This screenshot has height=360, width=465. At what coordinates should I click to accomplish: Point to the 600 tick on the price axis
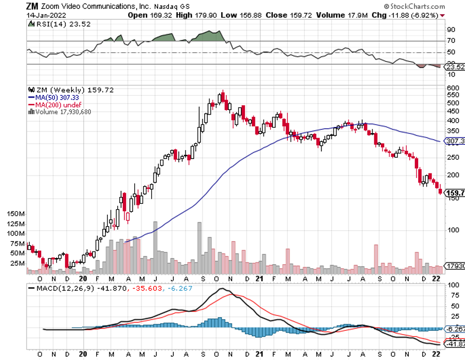click(453, 88)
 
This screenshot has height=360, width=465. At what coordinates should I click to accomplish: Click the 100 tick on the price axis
click(453, 230)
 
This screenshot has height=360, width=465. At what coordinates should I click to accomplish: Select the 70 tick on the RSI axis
click(451, 41)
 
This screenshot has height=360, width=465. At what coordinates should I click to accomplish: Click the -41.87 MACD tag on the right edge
click(455, 344)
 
